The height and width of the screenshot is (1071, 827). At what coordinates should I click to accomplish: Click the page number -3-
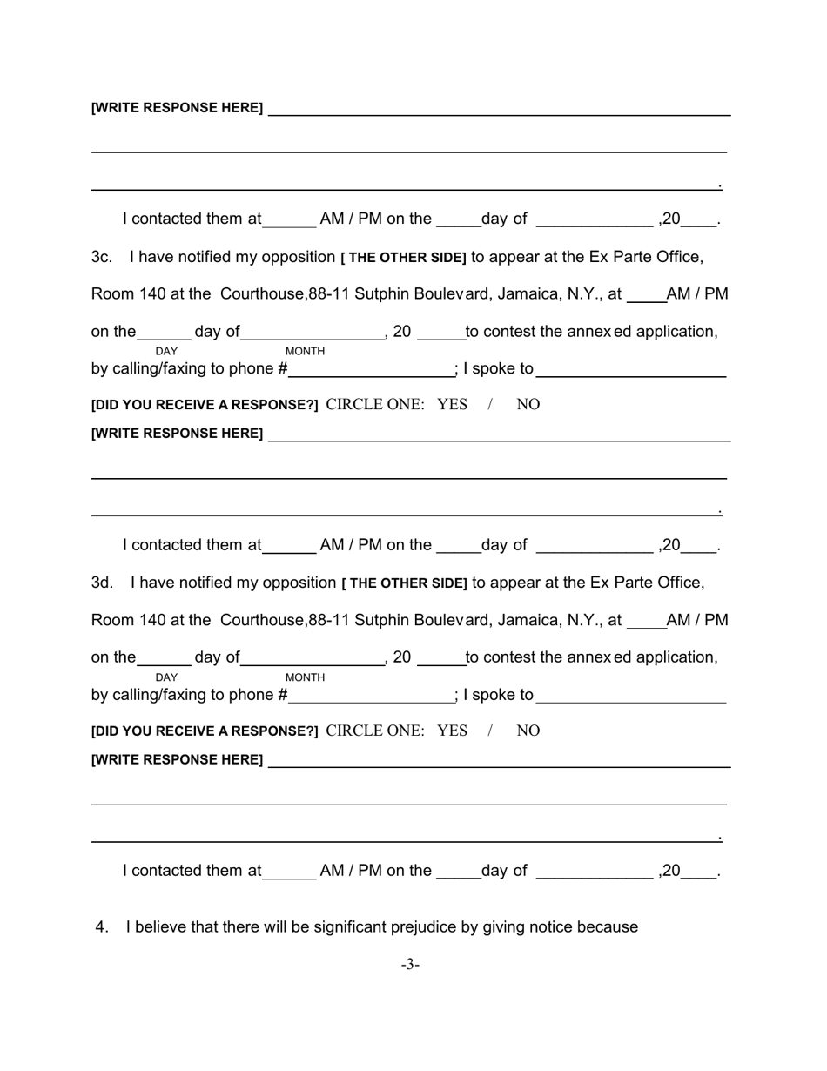tap(410, 965)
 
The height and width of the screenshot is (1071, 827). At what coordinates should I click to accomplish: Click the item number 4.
tap(102, 927)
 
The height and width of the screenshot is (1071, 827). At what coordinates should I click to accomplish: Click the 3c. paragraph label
tap(102, 257)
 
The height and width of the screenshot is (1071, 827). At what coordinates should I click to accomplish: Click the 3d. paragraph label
tap(102, 583)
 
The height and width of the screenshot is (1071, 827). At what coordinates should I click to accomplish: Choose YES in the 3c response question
tap(452, 405)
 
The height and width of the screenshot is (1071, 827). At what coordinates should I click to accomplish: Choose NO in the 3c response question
tap(528, 405)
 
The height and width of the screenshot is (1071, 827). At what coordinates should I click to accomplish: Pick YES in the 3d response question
tap(452, 731)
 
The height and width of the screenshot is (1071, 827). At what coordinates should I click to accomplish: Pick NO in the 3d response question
tap(528, 731)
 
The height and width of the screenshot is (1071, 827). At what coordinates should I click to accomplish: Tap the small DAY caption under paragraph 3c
tap(166, 351)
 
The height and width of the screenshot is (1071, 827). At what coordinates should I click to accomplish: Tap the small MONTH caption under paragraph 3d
tap(305, 677)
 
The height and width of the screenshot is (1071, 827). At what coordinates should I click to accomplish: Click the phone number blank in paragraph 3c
tap(371, 369)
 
